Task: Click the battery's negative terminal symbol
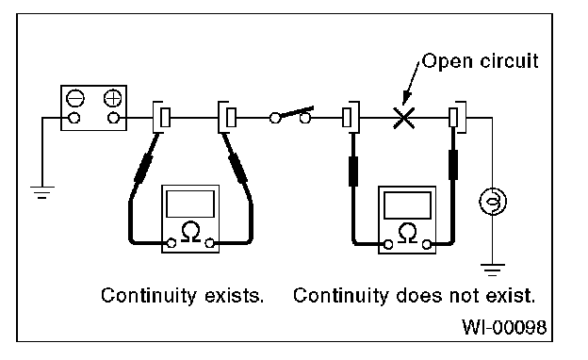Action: [75, 99]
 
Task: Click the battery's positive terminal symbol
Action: [112, 99]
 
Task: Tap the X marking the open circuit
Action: [404, 118]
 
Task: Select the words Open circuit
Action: [481, 60]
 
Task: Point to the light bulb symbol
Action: [493, 202]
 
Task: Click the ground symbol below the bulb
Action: [493, 270]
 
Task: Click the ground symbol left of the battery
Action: [42, 192]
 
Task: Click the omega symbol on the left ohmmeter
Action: [190, 232]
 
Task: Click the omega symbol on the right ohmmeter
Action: [407, 233]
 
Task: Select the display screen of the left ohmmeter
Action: [190, 204]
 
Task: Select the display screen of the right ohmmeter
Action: [407, 205]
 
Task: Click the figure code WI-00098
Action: [504, 327]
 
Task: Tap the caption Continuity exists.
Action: [182, 296]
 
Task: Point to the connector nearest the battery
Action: [162, 117]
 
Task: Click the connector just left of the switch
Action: [227, 117]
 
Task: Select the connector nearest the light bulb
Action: [458, 117]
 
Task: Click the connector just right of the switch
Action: [351, 117]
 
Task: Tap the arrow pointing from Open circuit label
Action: [412, 84]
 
